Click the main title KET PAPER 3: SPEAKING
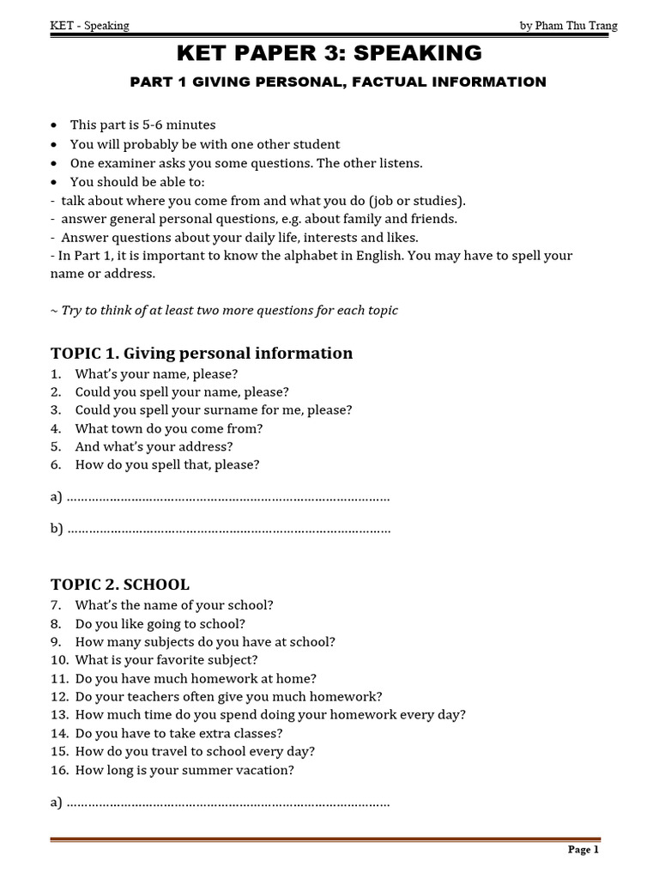329,54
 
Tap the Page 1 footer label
583,850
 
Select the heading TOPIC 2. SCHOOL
120,585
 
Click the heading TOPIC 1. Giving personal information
202,354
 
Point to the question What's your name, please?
156,374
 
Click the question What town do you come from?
169,428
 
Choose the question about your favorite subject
166,660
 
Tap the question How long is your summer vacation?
184,770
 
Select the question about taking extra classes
178,733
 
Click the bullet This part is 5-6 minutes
142,125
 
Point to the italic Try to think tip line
224,311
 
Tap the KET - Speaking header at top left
90,26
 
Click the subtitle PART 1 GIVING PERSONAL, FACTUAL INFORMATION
337,82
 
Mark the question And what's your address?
154,446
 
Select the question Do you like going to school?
160,624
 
